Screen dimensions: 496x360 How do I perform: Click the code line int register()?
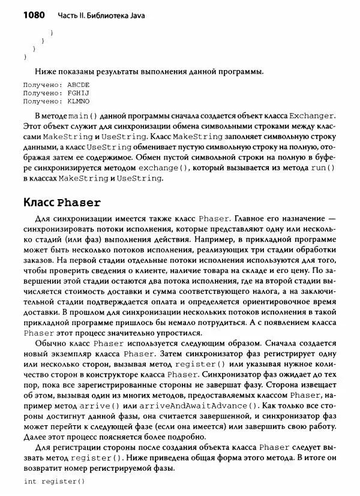tap(54, 482)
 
